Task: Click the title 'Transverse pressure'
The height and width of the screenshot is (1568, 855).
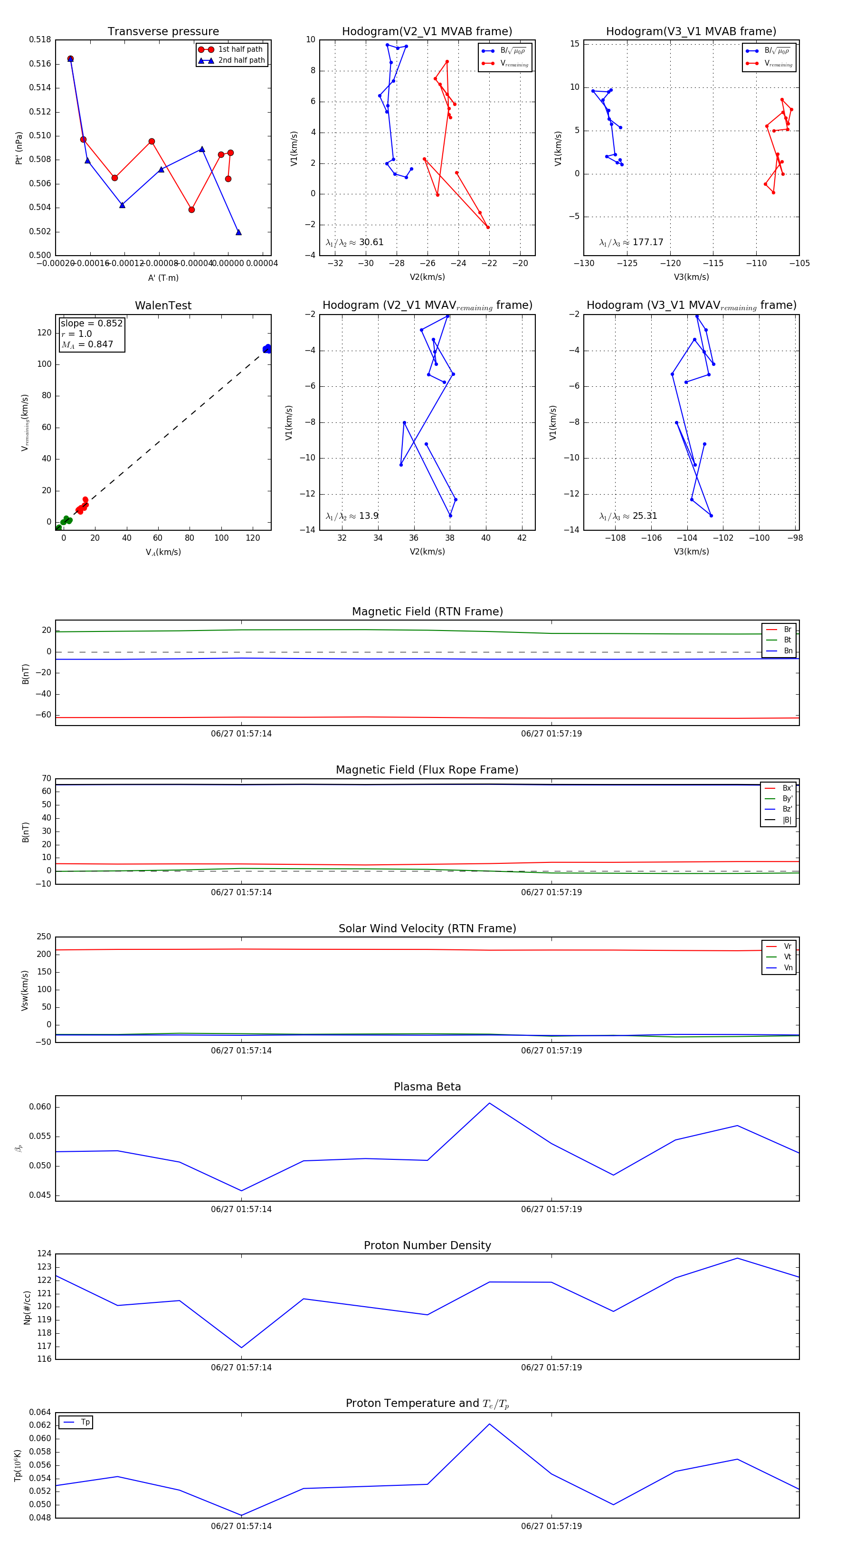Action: coord(163,32)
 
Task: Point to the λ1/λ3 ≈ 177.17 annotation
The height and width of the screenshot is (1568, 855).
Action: coord(631,242)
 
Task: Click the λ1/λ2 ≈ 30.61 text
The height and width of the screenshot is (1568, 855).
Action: coord(354,242)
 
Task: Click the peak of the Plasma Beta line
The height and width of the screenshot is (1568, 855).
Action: coord(489,1103)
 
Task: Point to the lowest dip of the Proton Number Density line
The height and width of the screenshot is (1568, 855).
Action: coord(242,1348)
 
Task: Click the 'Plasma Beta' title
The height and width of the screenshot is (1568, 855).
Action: coord(427,1087)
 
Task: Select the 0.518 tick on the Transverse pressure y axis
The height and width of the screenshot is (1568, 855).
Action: coord(40,39)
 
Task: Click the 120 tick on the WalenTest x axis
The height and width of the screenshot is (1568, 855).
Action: coord(253,538)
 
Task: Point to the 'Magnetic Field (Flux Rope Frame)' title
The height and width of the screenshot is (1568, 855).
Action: coord(427,770)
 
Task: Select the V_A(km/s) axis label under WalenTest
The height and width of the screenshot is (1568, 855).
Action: coord(163,552)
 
